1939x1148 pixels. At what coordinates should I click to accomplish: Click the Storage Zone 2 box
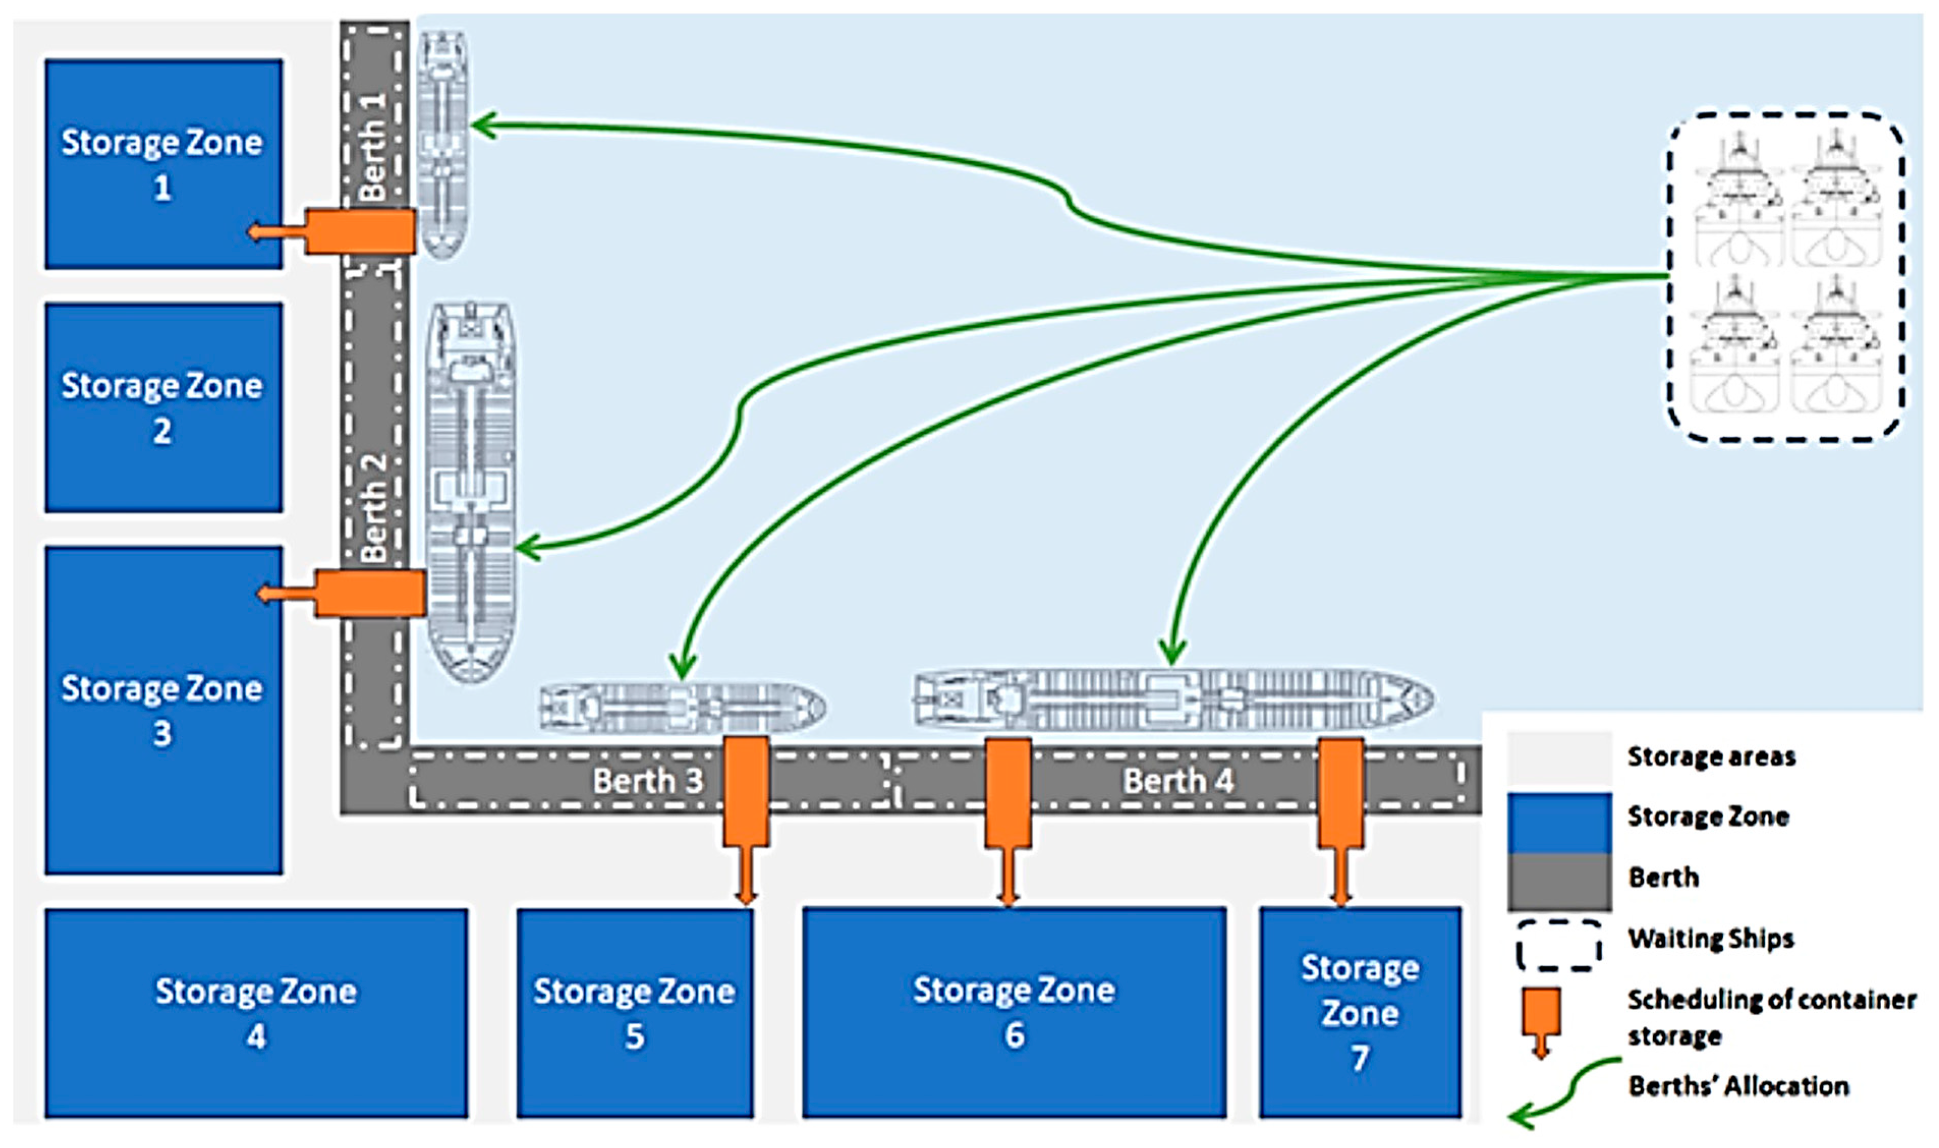(163, 408)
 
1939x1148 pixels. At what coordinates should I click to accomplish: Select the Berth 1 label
(374, 147)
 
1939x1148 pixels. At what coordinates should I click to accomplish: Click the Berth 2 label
(374, 507)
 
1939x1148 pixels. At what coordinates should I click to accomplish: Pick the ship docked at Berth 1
(442, 143)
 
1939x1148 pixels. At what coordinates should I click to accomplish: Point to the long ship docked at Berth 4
(1172, 699)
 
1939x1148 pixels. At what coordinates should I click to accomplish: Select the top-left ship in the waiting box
(1738, 201)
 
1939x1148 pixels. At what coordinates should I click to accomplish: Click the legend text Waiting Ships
(1710, 938)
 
